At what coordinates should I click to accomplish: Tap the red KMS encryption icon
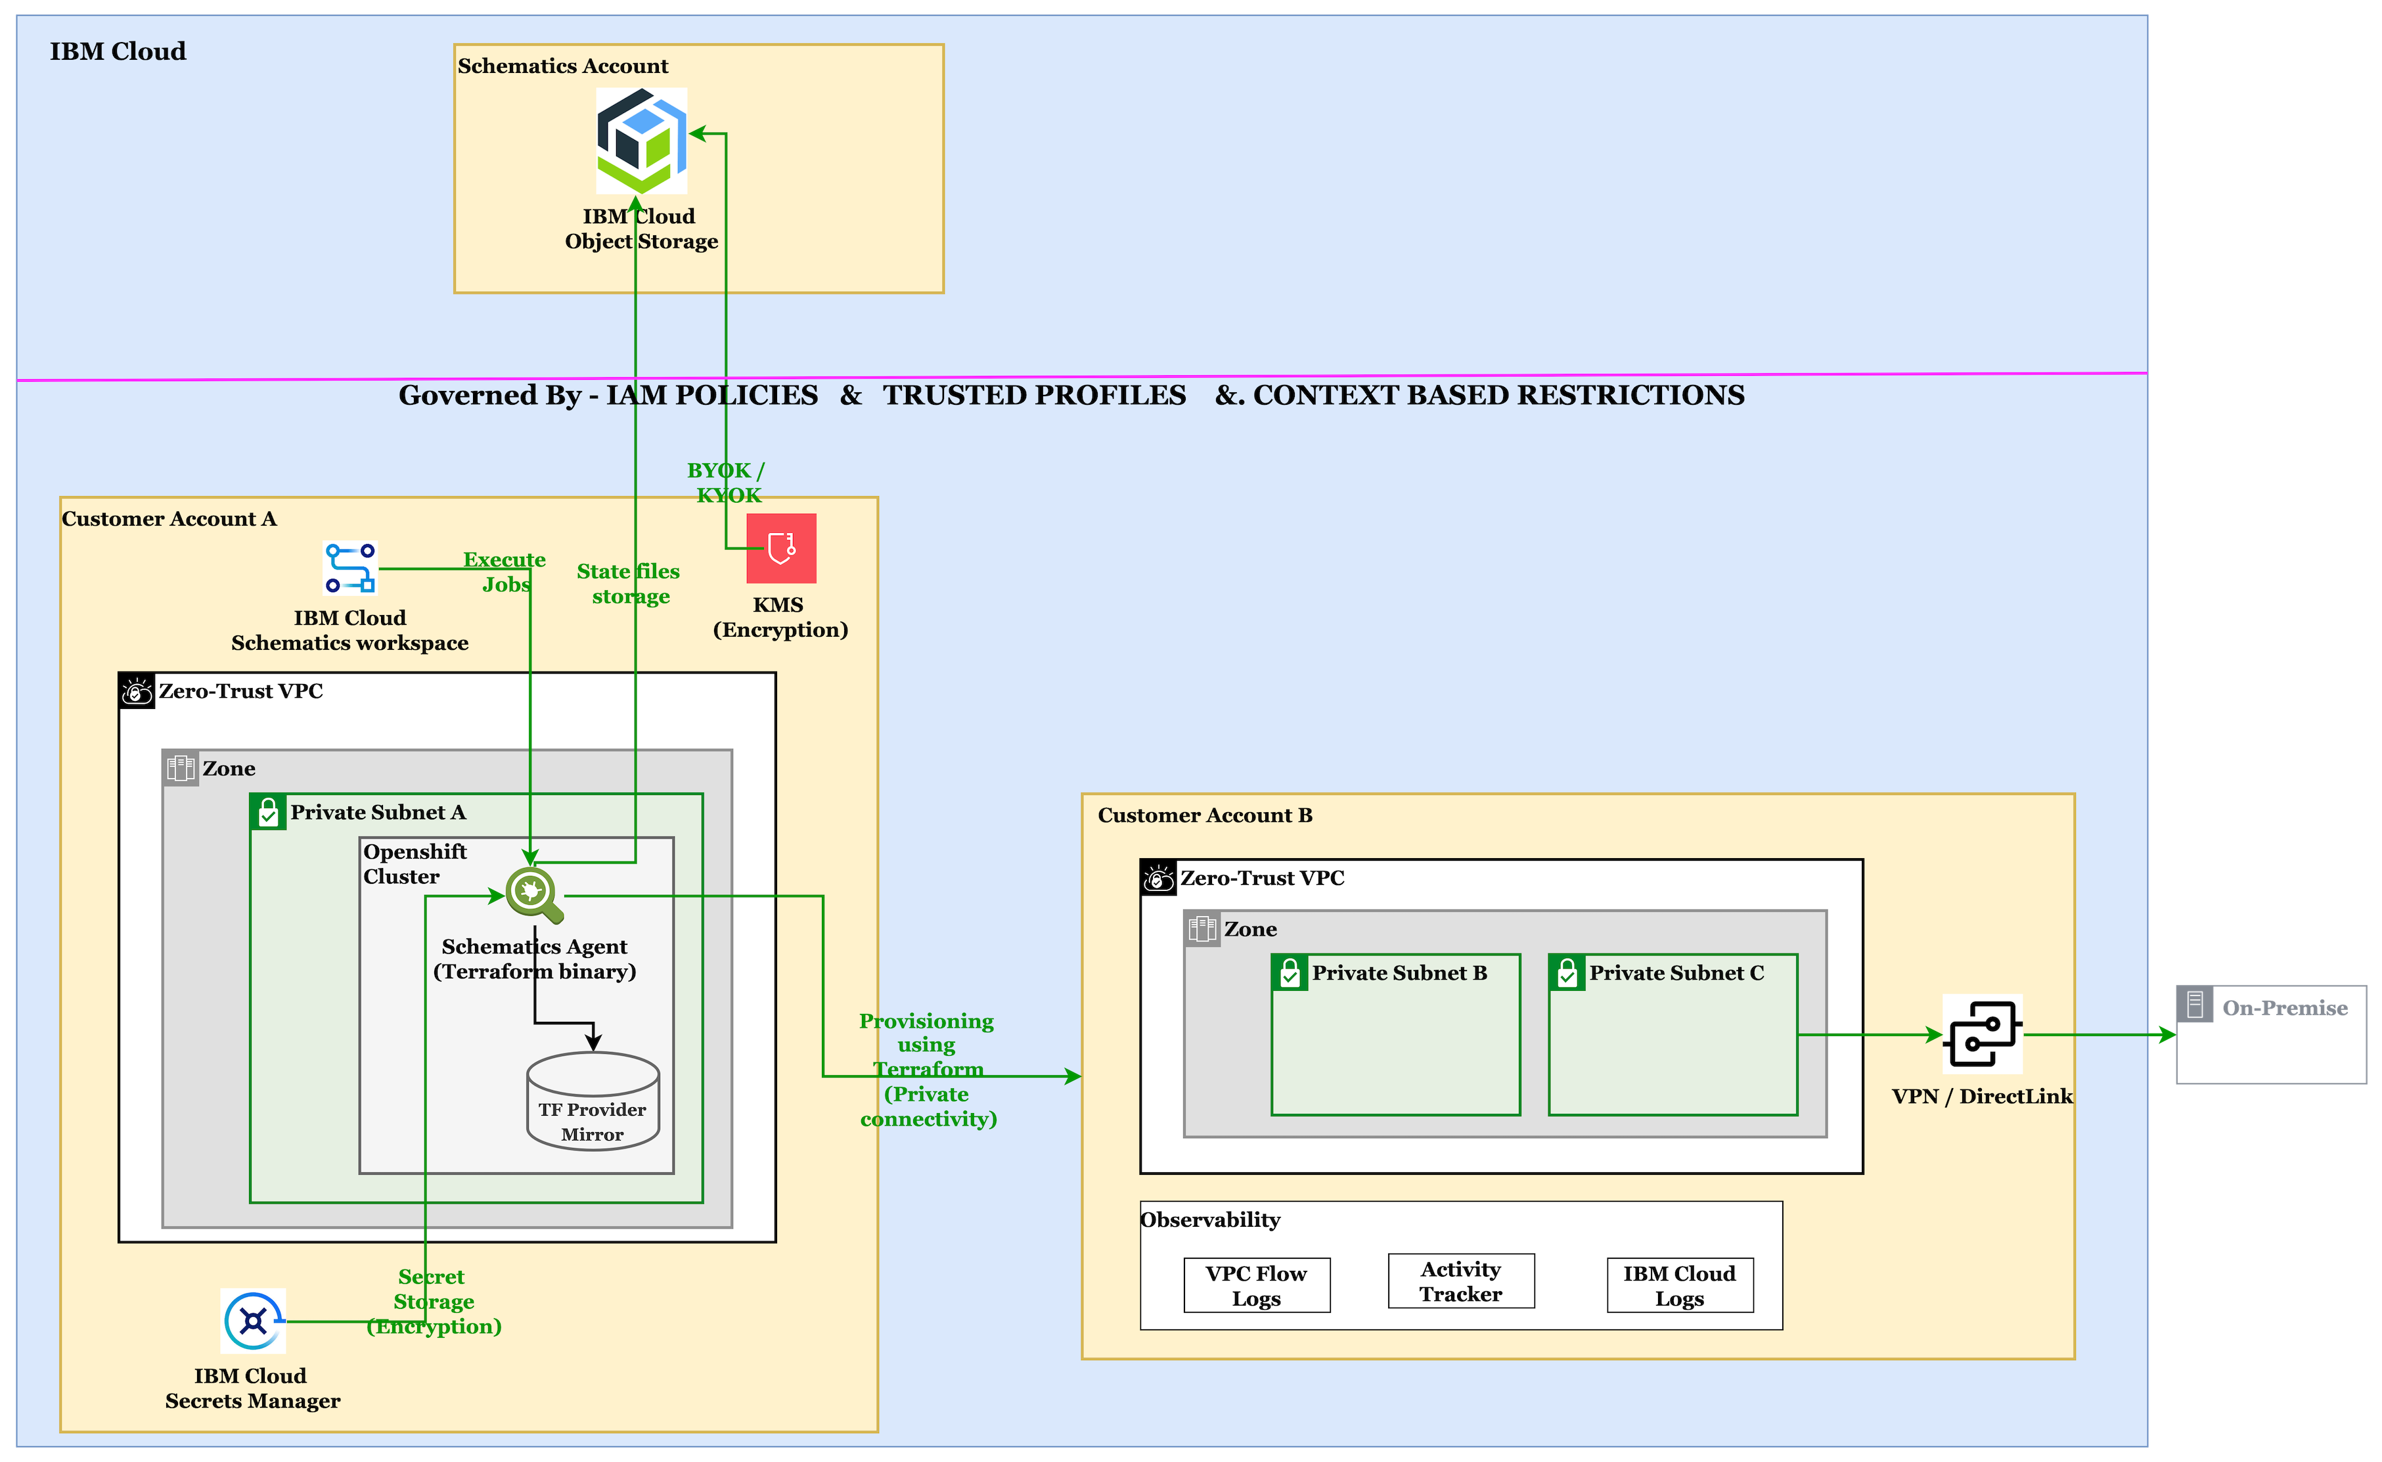pos(781,548)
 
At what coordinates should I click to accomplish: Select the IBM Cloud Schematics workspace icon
pos(350,568)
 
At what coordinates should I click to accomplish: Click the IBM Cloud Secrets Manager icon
pos(254,1321)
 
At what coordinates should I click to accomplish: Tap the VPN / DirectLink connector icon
pos(1982,1034)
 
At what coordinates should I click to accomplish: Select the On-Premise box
pos(2270,1035)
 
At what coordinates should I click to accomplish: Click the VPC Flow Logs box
pos(1256,1285)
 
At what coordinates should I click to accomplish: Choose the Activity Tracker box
pos(1461,1281)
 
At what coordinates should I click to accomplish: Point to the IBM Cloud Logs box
pos(1679,1285)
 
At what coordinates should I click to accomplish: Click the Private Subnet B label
pos(1399,972)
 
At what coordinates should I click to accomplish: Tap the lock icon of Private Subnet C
pos(1567,972)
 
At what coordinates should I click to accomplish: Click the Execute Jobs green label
pos(505,572)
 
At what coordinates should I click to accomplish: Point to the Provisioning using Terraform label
pos(927,1070)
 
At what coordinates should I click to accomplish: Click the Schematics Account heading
pos(562,66)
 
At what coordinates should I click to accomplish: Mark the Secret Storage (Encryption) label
pos(433,1302)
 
